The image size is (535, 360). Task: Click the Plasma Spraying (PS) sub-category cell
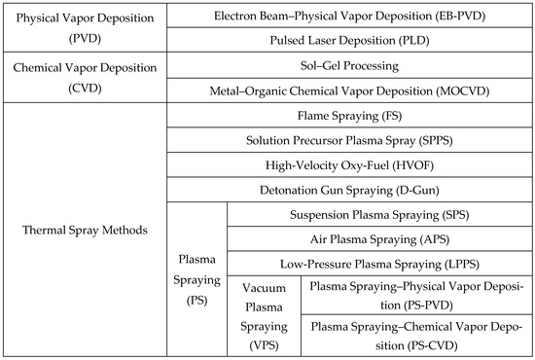click(x=198, y=279)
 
